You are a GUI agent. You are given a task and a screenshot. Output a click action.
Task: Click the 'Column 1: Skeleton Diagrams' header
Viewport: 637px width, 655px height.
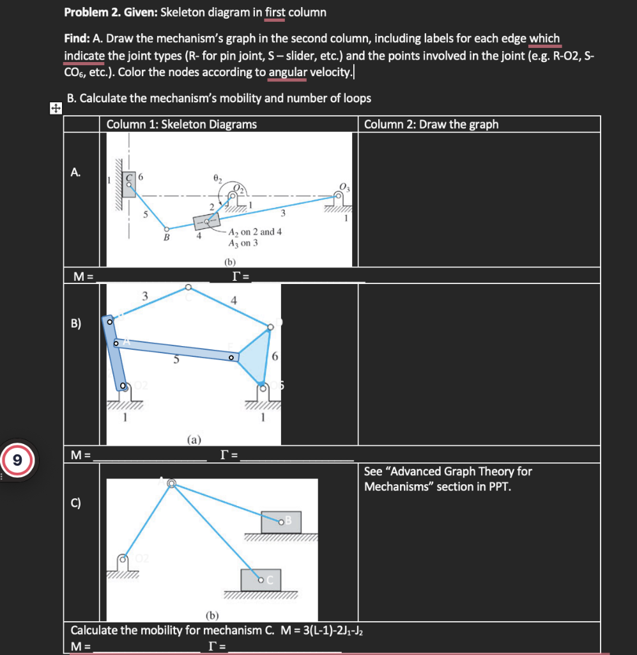[x=181, y=124]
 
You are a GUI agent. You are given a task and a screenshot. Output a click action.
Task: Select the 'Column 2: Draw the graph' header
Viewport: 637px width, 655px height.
[x=431, y=124]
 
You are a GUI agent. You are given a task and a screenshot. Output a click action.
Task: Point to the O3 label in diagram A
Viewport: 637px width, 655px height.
[x=345, y=187]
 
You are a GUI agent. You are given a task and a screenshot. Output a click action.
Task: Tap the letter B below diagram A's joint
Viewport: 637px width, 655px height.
[x=167, y=238]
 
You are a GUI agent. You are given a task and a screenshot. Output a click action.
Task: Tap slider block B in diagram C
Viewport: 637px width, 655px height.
[x=282, y=521]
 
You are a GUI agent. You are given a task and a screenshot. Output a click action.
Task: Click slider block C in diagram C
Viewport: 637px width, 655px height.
[x=261, y=579]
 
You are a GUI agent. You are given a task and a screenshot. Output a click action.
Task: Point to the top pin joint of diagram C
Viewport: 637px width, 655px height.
[x=171, y=484]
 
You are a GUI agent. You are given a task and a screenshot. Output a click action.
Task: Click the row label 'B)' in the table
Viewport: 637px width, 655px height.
[x=76, y=322]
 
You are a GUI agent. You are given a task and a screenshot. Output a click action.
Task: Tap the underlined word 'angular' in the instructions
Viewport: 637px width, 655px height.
[x=288, y=72]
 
